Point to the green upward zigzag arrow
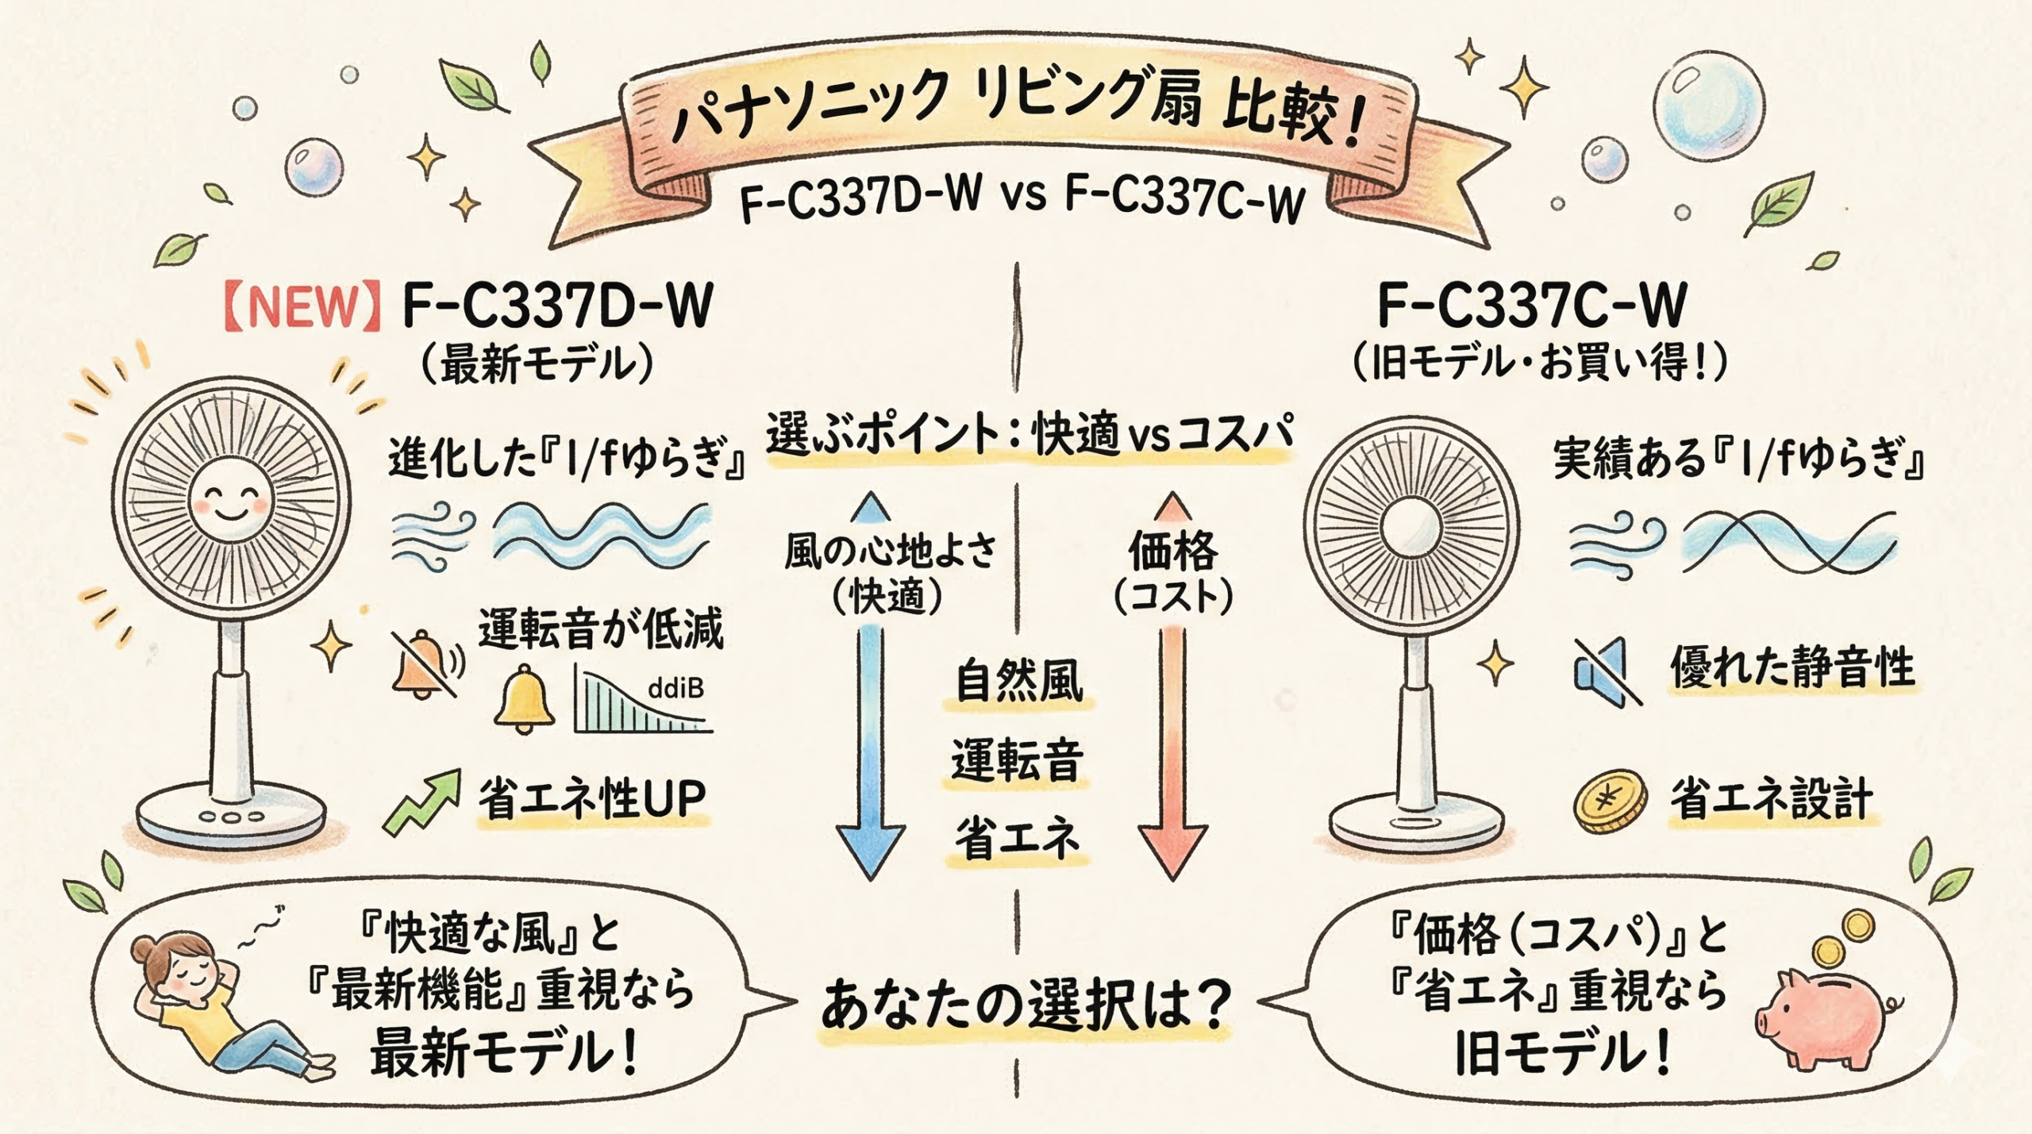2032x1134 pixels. click(x=421, y=801)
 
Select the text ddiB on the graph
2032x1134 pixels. click(x=675, y=688)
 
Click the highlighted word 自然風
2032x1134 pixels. click(x=1018, y=681)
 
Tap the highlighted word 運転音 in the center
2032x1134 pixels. click(x=1017, y=759)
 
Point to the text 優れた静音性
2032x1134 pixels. click(x=1792, y=667)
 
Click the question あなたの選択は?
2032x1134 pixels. click(x=1025, y=1005)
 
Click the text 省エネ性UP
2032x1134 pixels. click(x=591, y=799)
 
